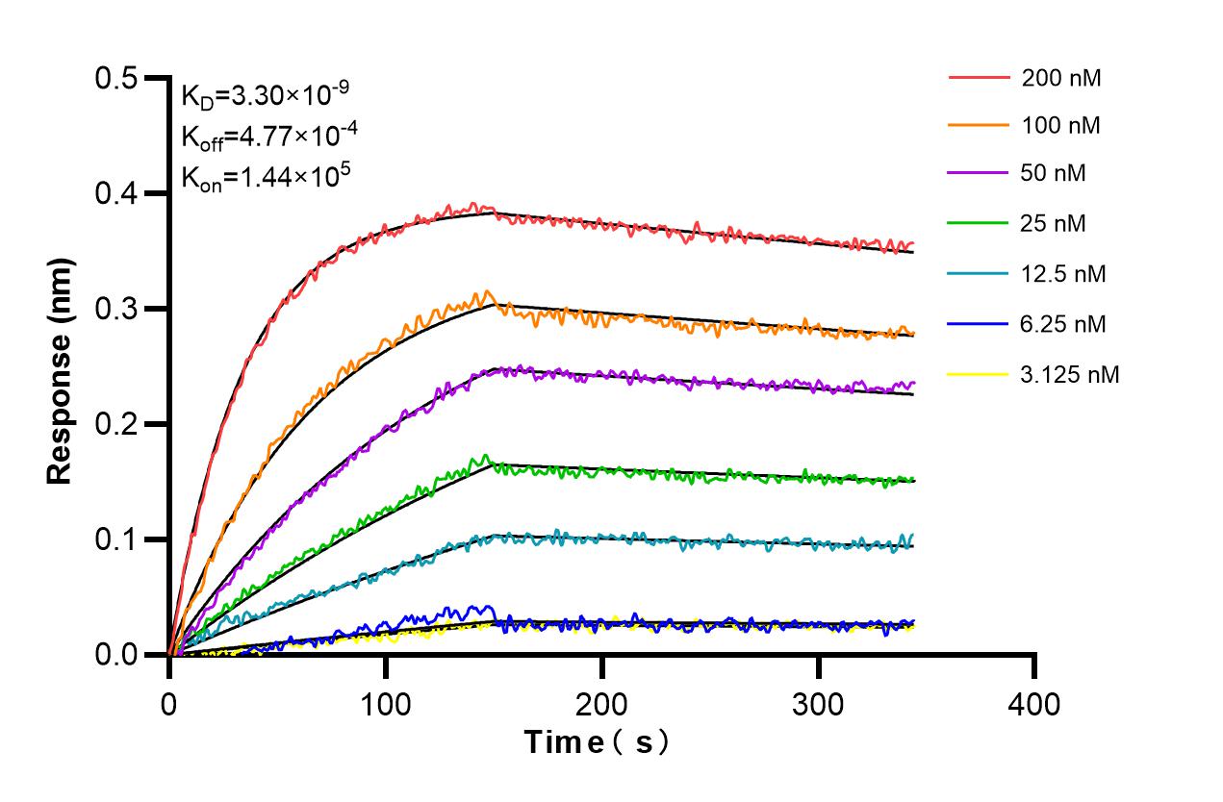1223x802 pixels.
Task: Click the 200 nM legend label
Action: click(x=1061, y=78)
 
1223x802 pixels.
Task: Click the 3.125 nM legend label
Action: click(x=1070, y=375)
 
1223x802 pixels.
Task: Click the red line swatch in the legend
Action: click(x=980, y=78)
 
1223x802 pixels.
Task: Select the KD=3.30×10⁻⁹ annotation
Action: click(x=265, y=95)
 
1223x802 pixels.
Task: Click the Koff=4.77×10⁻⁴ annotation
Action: click(x=269, y=137)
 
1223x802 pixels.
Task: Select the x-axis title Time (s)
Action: click(x=596, y=742)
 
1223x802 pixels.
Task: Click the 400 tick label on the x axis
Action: click(x=1034, y=705)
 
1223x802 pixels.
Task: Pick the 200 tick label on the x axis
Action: click(x=601, y=705)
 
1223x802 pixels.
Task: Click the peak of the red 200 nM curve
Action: click(x=472, y=204)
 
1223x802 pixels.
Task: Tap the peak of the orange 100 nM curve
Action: click(x=489, y=291)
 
